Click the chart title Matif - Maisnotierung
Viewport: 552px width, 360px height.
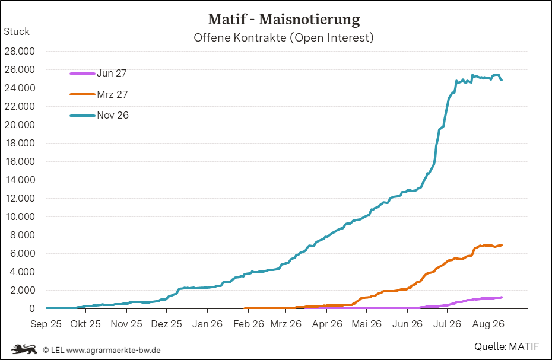pos(284,20)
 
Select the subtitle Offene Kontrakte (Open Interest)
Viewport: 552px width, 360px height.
pos(283,37)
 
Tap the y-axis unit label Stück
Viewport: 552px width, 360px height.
pos(17,31)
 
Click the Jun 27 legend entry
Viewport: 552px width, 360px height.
pos(98,73)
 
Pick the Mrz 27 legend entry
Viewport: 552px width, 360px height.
pos(99,94)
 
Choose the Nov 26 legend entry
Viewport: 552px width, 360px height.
pos(99,116)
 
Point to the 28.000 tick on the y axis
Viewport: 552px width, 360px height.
pos(20,52)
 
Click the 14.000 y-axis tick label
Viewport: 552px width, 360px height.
pos(20,180)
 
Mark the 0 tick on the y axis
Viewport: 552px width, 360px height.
pos(32,308)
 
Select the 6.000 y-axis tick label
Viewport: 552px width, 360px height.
pos(23,253)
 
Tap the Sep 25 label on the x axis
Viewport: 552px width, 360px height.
pos(46,324)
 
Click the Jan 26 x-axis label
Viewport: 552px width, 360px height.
pos(207,324)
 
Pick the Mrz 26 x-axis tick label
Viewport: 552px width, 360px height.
pos(286,324)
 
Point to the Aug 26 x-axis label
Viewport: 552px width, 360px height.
pos(488,324)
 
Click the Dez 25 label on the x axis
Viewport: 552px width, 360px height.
pos(167,324)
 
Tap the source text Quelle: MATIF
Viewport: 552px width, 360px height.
pos(506,346)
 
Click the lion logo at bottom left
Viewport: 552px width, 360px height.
pos(24,349)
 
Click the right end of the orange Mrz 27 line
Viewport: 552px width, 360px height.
pos(502,245)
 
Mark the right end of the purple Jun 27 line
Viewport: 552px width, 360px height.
pos(502,297)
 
